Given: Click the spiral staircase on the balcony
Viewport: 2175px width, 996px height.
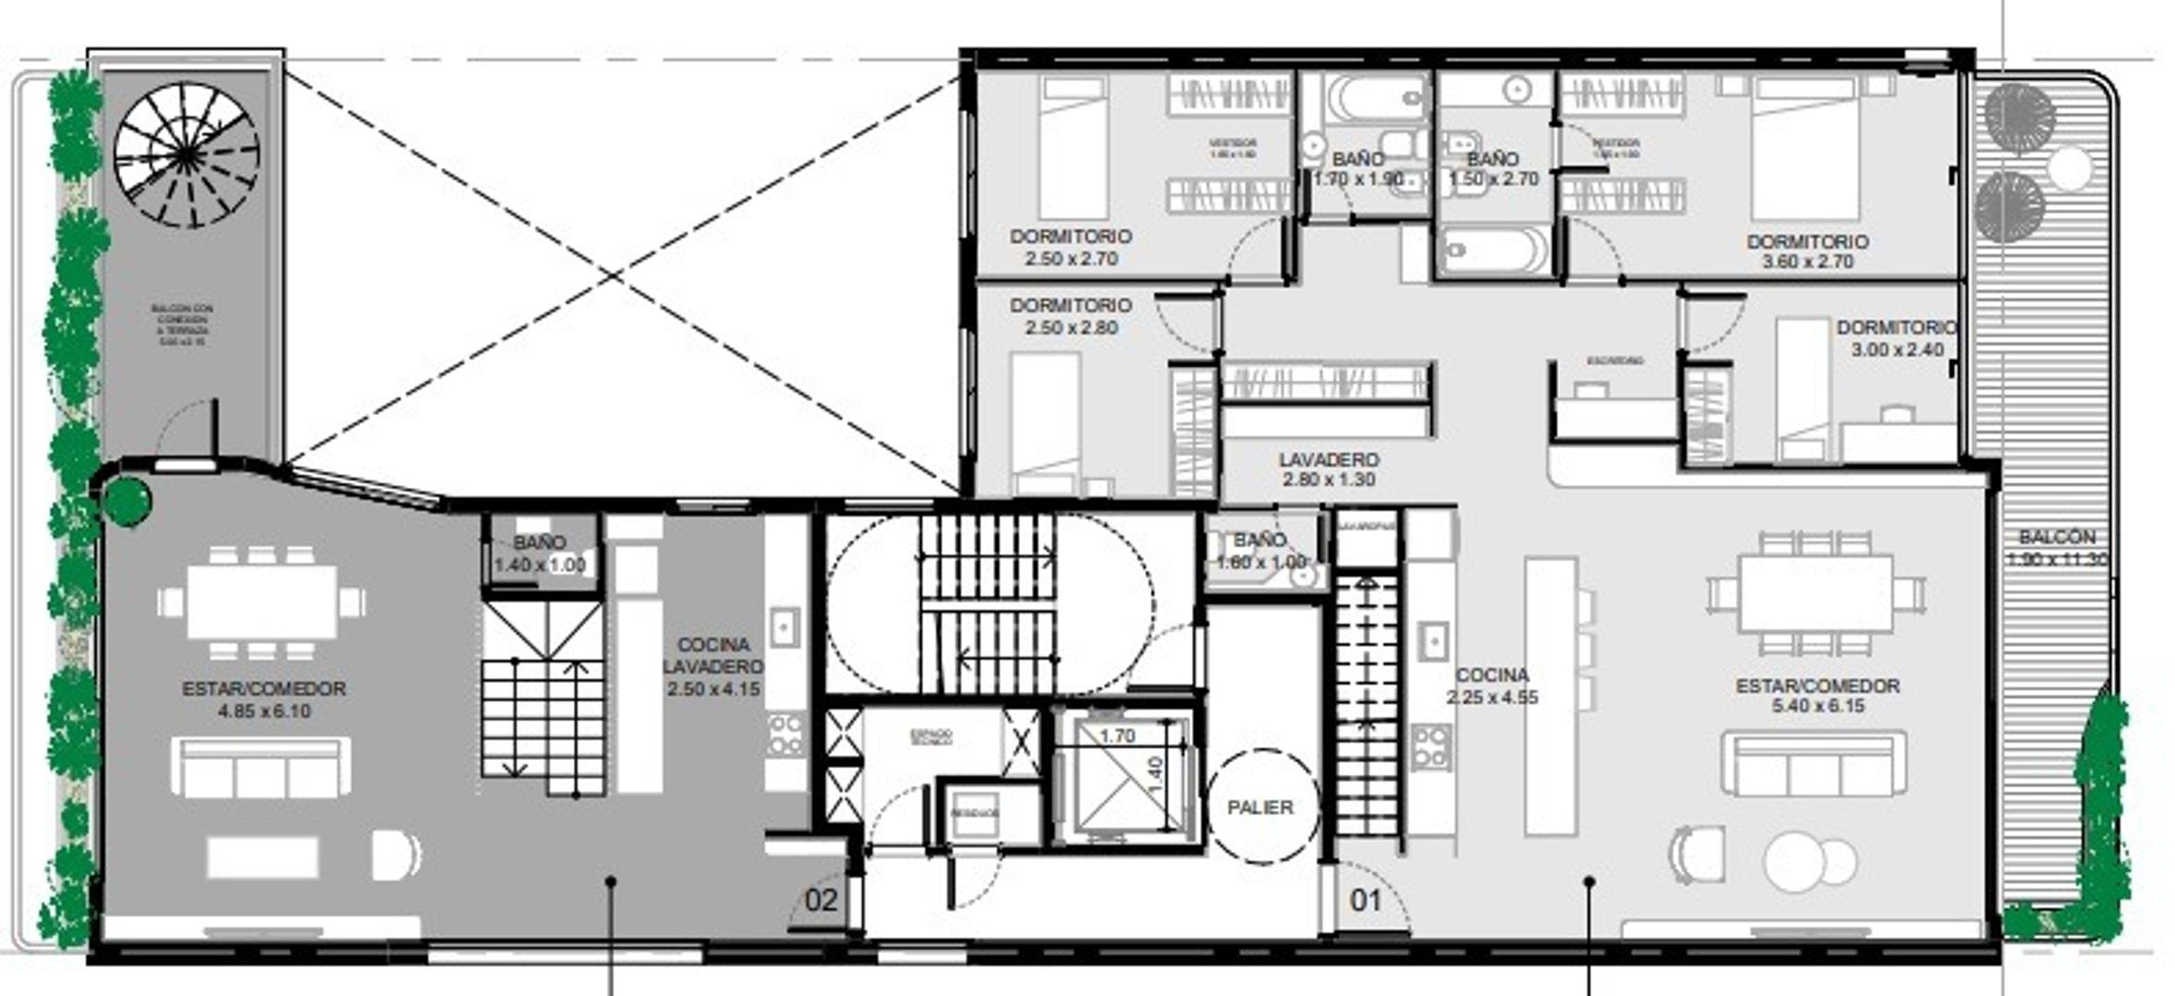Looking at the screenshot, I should tap(186, 155).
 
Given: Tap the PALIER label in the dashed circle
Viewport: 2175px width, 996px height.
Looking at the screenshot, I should tap(1260, 808).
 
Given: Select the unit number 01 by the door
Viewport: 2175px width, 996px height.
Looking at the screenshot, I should tap(1366, 900).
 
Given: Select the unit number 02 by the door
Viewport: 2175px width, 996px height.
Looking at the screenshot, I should tap(820, 900).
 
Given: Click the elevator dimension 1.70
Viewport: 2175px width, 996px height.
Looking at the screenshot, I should tap(1117, 736).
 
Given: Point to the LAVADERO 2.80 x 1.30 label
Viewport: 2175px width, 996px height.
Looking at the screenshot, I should tap(1329, 469).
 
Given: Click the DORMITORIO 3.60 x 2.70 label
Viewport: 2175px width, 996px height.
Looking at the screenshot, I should tap(1807, 251).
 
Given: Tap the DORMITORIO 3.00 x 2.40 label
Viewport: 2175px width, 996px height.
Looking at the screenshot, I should tap(1896, 338).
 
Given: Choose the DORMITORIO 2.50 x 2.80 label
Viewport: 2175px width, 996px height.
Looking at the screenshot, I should tap(1070, 316).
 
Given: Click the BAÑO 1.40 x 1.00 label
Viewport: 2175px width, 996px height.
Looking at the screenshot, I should tap(540, 554).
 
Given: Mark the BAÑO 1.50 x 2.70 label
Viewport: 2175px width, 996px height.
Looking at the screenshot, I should tap(1493, 170).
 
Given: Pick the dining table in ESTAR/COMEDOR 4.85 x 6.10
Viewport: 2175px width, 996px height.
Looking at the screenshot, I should tap(262, 601).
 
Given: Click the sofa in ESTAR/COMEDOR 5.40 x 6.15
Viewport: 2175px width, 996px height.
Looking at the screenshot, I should tap(1813, 765).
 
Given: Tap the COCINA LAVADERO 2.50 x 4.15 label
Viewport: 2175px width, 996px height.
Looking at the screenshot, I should tap(713, 667).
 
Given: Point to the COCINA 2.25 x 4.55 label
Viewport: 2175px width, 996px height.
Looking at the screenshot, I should tap(1492, 686).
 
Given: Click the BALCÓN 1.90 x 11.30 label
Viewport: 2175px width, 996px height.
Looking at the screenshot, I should tap(2056, 548).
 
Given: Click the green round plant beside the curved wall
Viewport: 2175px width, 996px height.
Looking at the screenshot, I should tap(126, 501).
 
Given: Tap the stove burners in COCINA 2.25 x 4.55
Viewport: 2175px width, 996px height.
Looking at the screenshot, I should tap(1430, 747).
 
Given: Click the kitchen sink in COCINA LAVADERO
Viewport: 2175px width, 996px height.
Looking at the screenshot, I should tap(784, 628).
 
